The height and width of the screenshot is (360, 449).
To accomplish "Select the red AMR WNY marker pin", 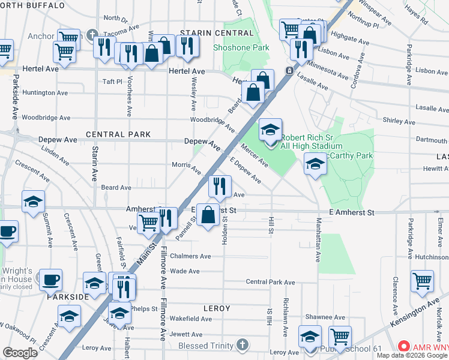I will pos(404,347).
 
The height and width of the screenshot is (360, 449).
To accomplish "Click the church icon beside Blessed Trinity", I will pos(242,345).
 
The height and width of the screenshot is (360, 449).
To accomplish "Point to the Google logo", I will pos(20,352).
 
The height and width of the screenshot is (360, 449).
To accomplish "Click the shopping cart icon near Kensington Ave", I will pos(422,281).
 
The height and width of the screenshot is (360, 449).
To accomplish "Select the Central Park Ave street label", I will pos(271,282).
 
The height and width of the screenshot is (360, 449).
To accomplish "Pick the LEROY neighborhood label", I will pos(217,308).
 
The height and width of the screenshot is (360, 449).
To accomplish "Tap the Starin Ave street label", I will pos(95,163).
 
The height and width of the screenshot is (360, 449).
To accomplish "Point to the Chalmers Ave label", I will pos(190,256).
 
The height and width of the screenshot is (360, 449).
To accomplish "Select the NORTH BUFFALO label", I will pos(33,5).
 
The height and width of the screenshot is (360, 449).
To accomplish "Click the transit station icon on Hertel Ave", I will pos(289,71).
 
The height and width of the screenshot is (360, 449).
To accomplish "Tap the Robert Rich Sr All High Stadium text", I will pos(311,141).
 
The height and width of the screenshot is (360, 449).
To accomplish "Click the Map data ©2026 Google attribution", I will pos(412,355).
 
